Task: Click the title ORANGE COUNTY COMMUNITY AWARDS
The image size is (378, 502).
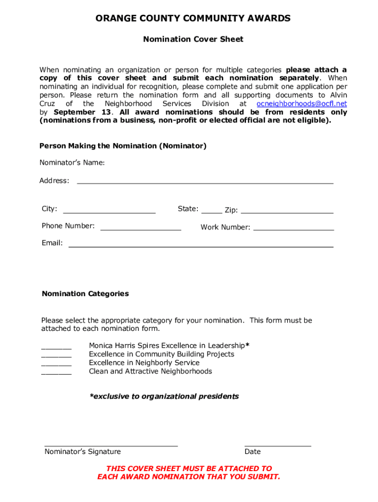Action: point(193,19)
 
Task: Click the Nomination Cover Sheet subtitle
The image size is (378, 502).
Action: point(193,39)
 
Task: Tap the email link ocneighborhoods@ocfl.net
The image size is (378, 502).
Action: point(301,104)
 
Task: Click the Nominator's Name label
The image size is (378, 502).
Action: point(72,163)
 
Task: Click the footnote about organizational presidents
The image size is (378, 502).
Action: point(164,397)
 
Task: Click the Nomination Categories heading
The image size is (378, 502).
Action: point(85,294)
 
